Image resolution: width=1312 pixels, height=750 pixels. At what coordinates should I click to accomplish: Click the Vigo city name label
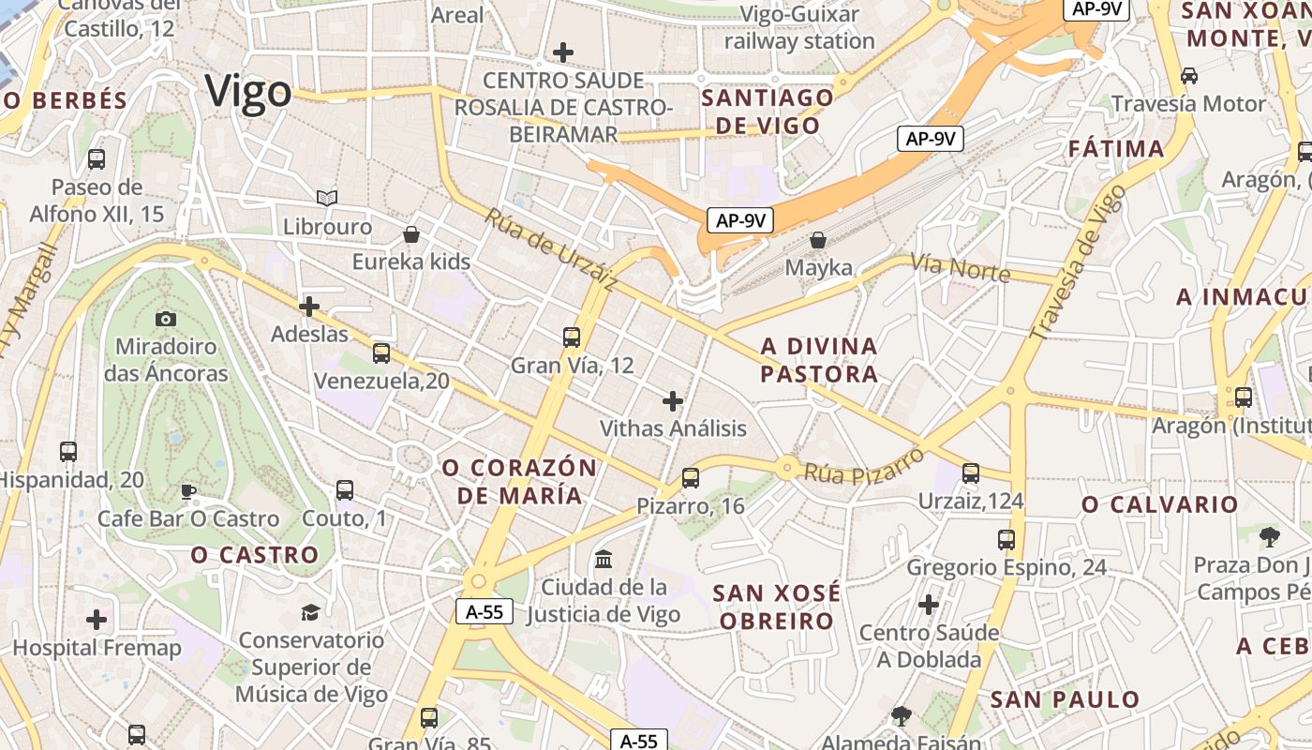point(248,92)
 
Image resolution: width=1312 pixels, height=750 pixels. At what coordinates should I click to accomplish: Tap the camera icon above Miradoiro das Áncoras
point(166,319)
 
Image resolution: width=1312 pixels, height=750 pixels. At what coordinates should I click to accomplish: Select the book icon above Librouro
point(327,198)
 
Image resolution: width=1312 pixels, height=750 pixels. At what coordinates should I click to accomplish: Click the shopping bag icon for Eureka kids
point(410,233)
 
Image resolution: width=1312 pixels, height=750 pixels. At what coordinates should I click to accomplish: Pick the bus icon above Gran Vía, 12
point(572,337)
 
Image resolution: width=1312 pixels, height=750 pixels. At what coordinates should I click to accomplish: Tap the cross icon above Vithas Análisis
point(673,401)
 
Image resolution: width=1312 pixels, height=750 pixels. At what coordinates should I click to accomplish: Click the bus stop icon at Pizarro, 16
point(691,477)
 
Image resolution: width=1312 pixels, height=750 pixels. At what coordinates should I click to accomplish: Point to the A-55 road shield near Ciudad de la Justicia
point(485,612)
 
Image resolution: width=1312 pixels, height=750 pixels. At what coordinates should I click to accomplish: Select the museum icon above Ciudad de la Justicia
point(604,559)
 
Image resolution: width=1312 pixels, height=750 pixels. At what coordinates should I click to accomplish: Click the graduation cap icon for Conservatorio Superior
point(310,612)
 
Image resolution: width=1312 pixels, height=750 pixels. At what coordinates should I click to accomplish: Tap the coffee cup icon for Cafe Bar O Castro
point(188,490)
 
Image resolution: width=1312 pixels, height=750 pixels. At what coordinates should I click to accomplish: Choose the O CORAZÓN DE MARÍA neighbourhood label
point(519,481)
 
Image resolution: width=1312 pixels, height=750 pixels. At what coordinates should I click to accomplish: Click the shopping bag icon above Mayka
point(818,239)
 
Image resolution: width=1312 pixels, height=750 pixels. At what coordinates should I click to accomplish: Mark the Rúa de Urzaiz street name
point(551,249)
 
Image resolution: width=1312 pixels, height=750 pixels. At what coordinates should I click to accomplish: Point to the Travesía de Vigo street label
point(1078,262)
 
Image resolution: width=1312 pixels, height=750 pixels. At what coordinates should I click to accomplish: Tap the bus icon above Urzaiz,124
point(971,473)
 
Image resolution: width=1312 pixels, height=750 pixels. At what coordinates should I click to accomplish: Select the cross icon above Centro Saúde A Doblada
point(929,605)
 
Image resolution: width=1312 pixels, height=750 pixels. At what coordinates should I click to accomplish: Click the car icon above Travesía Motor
point(1189,75)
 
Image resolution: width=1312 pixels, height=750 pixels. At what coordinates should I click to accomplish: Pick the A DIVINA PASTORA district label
point(819,360)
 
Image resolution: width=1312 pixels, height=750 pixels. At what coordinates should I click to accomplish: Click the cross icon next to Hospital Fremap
point(97,620)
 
